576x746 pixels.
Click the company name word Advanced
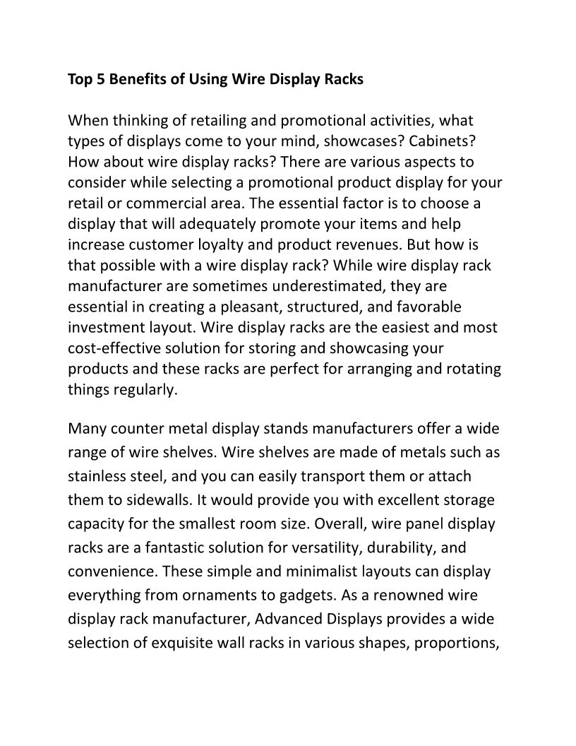[288, 619]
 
